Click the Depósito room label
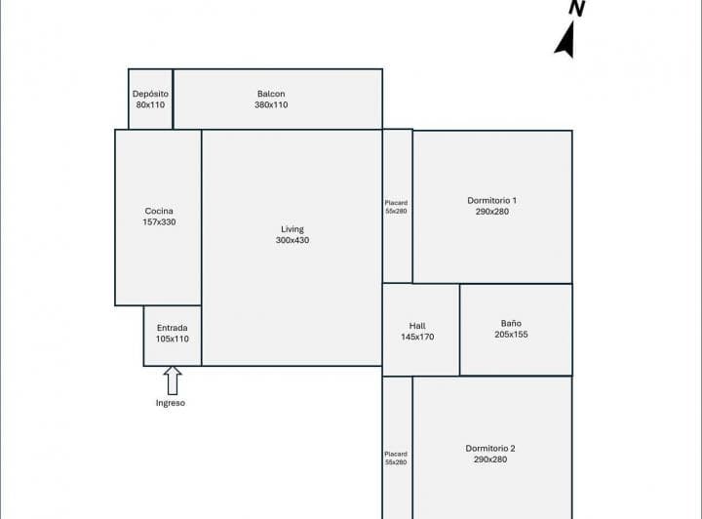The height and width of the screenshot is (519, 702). [x=150, y=94]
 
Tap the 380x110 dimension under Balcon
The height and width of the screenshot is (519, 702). [x=271, y=104]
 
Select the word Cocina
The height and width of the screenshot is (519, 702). [x=159, y=211]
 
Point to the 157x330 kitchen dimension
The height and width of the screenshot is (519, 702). [x=159, y=222]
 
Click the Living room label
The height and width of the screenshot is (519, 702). [x=292, y=229]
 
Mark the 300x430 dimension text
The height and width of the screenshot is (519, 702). [x=292, y=240]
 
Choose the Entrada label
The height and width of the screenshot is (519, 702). [x=173, y=328]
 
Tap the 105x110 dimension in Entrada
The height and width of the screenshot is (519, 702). [x=173, y=339]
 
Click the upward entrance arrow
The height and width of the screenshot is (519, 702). [x=173, y=380]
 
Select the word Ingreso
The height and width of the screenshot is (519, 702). [x=171, y=403]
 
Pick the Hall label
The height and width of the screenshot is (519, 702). [x=417, y=326]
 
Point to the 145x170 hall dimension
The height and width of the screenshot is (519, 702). [x=417, y=337]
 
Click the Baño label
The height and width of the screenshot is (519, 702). [x=511, y=323]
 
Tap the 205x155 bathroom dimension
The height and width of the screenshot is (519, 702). [x=511, y=335]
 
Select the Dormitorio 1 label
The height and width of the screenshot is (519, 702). [x=492, y=201]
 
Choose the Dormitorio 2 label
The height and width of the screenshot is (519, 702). [x=490, y=448]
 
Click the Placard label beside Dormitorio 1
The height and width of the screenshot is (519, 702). [x=396, y=203]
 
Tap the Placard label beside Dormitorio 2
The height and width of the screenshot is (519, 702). [x=396, y=454]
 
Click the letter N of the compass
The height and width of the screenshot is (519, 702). [x=577, y=8]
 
